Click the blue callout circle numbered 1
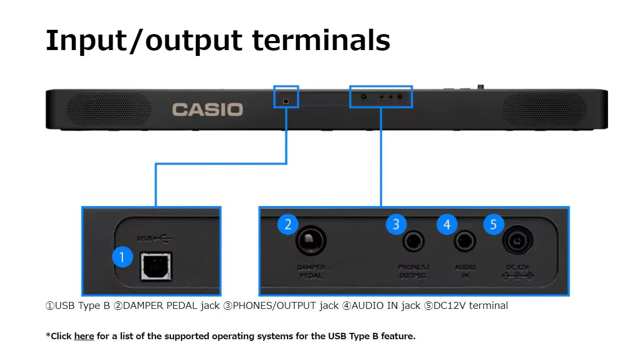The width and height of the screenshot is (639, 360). (122, 257)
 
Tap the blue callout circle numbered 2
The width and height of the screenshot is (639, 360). (288, 224)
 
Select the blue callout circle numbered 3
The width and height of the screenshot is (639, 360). (396, 224)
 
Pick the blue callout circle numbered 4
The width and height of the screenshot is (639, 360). (447, 224)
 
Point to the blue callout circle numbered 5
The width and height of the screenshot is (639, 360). (494, 224)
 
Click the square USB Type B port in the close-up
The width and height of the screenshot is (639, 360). (155, 266)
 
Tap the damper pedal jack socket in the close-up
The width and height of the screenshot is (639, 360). (311, 241)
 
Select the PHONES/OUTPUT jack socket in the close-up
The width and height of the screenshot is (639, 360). (413, 242)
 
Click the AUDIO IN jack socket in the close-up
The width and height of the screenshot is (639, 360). (465, 242)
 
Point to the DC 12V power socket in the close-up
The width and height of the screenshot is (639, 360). (517, 241)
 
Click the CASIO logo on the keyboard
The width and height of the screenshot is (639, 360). (207, 110)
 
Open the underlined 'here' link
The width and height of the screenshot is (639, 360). (84, 336)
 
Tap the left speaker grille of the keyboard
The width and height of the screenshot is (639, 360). (109, 110)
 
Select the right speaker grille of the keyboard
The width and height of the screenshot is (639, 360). (544, 110)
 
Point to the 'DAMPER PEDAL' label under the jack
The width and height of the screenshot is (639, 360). (311, 272)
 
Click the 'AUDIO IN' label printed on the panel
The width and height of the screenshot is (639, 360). (465, 272)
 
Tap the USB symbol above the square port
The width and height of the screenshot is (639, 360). (155, 238)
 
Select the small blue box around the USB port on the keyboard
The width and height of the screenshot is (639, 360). (286, 97)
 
